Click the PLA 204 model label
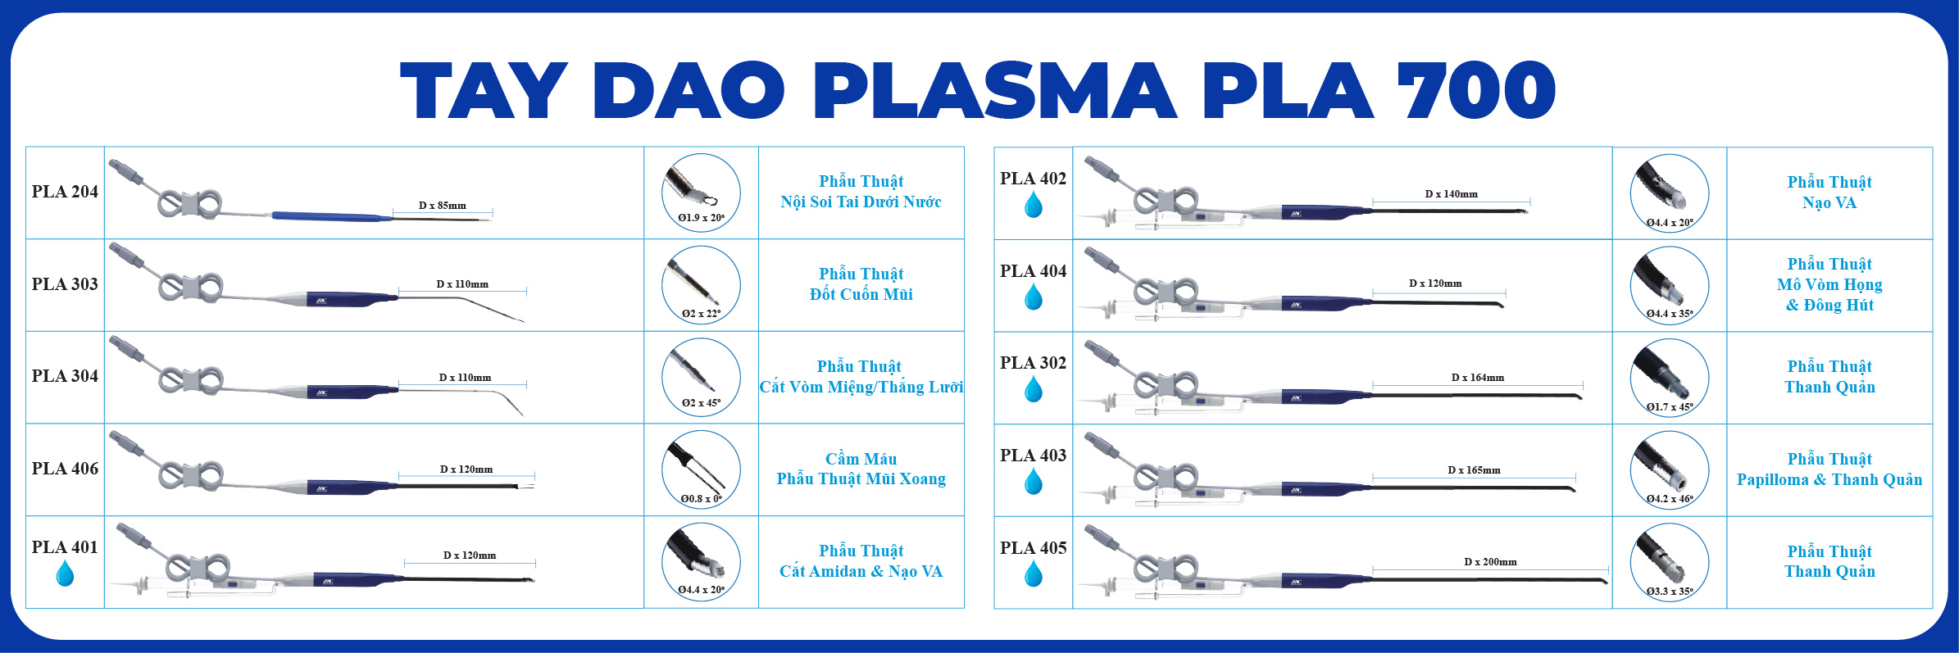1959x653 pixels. click(65, 192)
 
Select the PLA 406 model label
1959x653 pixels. click(65, 469)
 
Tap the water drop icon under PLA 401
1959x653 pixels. click(65, 573)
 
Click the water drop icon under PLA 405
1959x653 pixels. click(1034, 574)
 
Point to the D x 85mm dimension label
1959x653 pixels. click(443, 206)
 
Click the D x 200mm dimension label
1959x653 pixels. click(1490, 562)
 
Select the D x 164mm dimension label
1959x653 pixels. click(1478, 378)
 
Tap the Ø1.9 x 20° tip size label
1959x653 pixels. click(701, 218)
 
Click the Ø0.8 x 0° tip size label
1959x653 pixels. click(701, 498)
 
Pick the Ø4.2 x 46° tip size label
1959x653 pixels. click(1670, 498)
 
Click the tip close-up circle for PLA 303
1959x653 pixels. click(701, 285)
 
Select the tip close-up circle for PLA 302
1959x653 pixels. click(1670, 378)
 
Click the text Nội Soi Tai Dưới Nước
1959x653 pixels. click(861, 202)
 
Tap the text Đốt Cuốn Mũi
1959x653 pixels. click(861, 294)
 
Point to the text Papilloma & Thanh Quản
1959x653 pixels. click(1829, 479)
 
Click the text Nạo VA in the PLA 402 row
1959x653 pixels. click(1829, 202)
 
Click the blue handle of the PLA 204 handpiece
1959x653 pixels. click(332, 217)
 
